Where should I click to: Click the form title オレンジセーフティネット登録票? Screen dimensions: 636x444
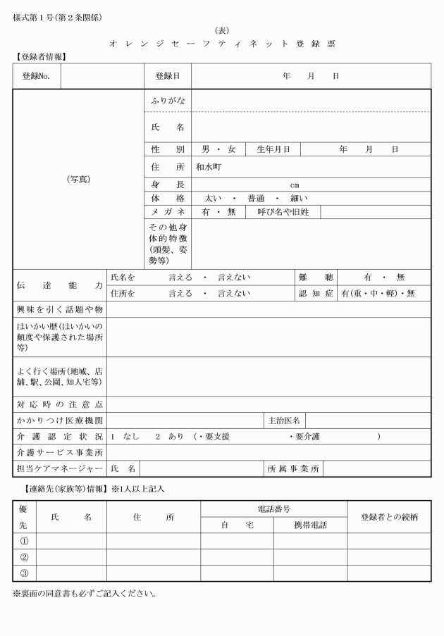[x=222, y=44]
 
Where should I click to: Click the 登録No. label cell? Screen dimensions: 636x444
[x=36, y=75]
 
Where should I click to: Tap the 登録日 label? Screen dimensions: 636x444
[x=167, y=75]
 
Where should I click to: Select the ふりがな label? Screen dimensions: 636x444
[x=167, y=101]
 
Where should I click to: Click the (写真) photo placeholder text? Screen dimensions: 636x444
[x=78, y=179]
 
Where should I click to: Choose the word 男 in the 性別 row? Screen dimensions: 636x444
[x=206, y=149]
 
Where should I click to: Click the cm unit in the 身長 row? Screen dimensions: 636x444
[x=295, y=185]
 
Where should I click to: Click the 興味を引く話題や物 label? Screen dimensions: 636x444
[x=59, y=309]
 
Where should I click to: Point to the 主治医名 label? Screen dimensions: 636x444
[x=284, y=420]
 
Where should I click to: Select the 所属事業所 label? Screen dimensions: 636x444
[x=294, y=468]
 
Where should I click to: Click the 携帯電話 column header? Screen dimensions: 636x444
[x=310, y=525]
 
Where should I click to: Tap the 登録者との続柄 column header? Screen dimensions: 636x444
[x=389, y=516]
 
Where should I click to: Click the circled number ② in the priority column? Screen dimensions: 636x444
[x=23, y=556]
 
